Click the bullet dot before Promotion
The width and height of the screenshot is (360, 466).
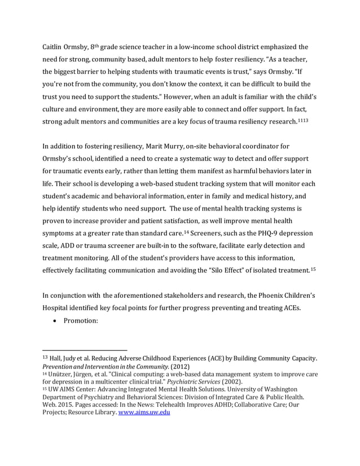tap(52, 320)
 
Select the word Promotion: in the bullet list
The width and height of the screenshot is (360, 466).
tap(81, 320)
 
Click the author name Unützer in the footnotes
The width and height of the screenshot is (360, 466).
tap(64, 373)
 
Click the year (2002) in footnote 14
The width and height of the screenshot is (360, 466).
tap(243, 381)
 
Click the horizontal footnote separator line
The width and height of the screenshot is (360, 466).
tap(85, 349)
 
